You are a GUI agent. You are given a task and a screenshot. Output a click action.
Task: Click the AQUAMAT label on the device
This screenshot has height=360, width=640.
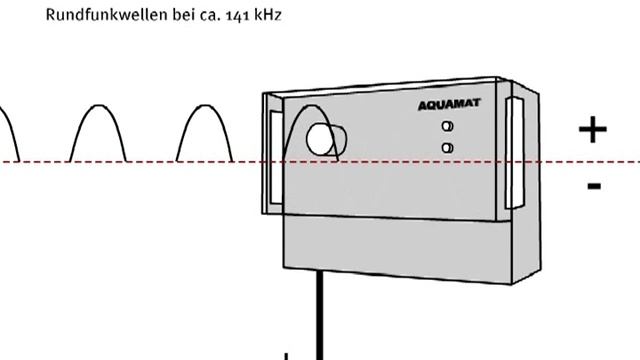coord(449,103)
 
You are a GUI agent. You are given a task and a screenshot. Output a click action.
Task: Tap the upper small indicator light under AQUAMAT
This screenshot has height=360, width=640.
coord(448,127)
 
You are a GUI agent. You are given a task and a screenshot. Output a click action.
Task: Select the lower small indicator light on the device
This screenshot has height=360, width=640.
coord(448,148)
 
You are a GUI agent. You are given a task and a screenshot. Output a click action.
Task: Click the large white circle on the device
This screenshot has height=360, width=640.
coord(322,140)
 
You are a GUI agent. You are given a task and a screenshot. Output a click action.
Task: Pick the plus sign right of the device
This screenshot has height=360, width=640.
coord(593,130)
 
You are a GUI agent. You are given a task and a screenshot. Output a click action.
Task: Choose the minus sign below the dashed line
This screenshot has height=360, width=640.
coord(594,186)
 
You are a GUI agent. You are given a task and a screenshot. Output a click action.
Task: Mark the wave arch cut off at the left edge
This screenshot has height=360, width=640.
coord(8,130)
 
